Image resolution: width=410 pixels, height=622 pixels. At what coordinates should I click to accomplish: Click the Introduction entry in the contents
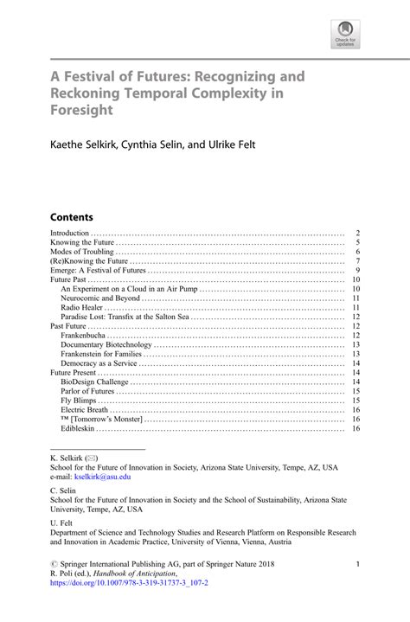[70, 234]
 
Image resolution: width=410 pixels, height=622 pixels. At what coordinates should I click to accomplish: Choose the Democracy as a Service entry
[103, 363]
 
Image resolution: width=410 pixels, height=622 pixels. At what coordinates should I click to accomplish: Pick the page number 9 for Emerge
[356, 271]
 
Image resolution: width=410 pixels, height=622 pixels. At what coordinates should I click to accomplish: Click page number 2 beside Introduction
[356, 234]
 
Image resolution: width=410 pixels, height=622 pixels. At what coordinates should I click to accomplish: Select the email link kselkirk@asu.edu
[102, 477]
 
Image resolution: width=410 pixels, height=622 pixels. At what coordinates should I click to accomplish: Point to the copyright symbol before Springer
[54, 564]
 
